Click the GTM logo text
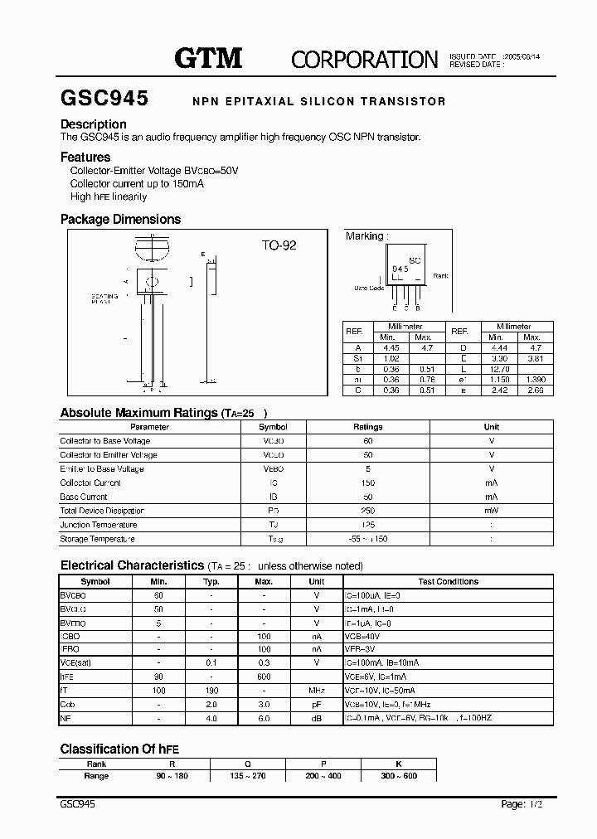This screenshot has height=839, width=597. [208, 57]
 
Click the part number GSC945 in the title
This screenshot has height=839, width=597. [104, 99]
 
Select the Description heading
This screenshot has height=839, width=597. [94, 125]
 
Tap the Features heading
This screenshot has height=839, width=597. [85, 157]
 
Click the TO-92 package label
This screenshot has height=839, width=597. [279, 245]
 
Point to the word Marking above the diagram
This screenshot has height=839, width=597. [365, 236]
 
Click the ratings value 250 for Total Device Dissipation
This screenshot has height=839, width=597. [367, 511]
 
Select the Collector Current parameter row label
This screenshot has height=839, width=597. [90, 483]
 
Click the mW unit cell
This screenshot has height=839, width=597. [492, 511]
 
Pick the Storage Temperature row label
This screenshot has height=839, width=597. [97, 539]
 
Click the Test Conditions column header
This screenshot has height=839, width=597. [449, 582]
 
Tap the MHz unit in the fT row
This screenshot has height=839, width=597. [316, 690]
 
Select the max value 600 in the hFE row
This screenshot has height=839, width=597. [264, 677]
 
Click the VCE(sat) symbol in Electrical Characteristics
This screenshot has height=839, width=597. [76, 662]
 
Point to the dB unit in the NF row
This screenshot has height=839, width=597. [316, 717]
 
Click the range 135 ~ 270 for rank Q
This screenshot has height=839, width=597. [247, 776]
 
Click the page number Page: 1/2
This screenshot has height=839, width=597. [522, 804]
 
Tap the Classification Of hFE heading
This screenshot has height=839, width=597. [119, 749]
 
